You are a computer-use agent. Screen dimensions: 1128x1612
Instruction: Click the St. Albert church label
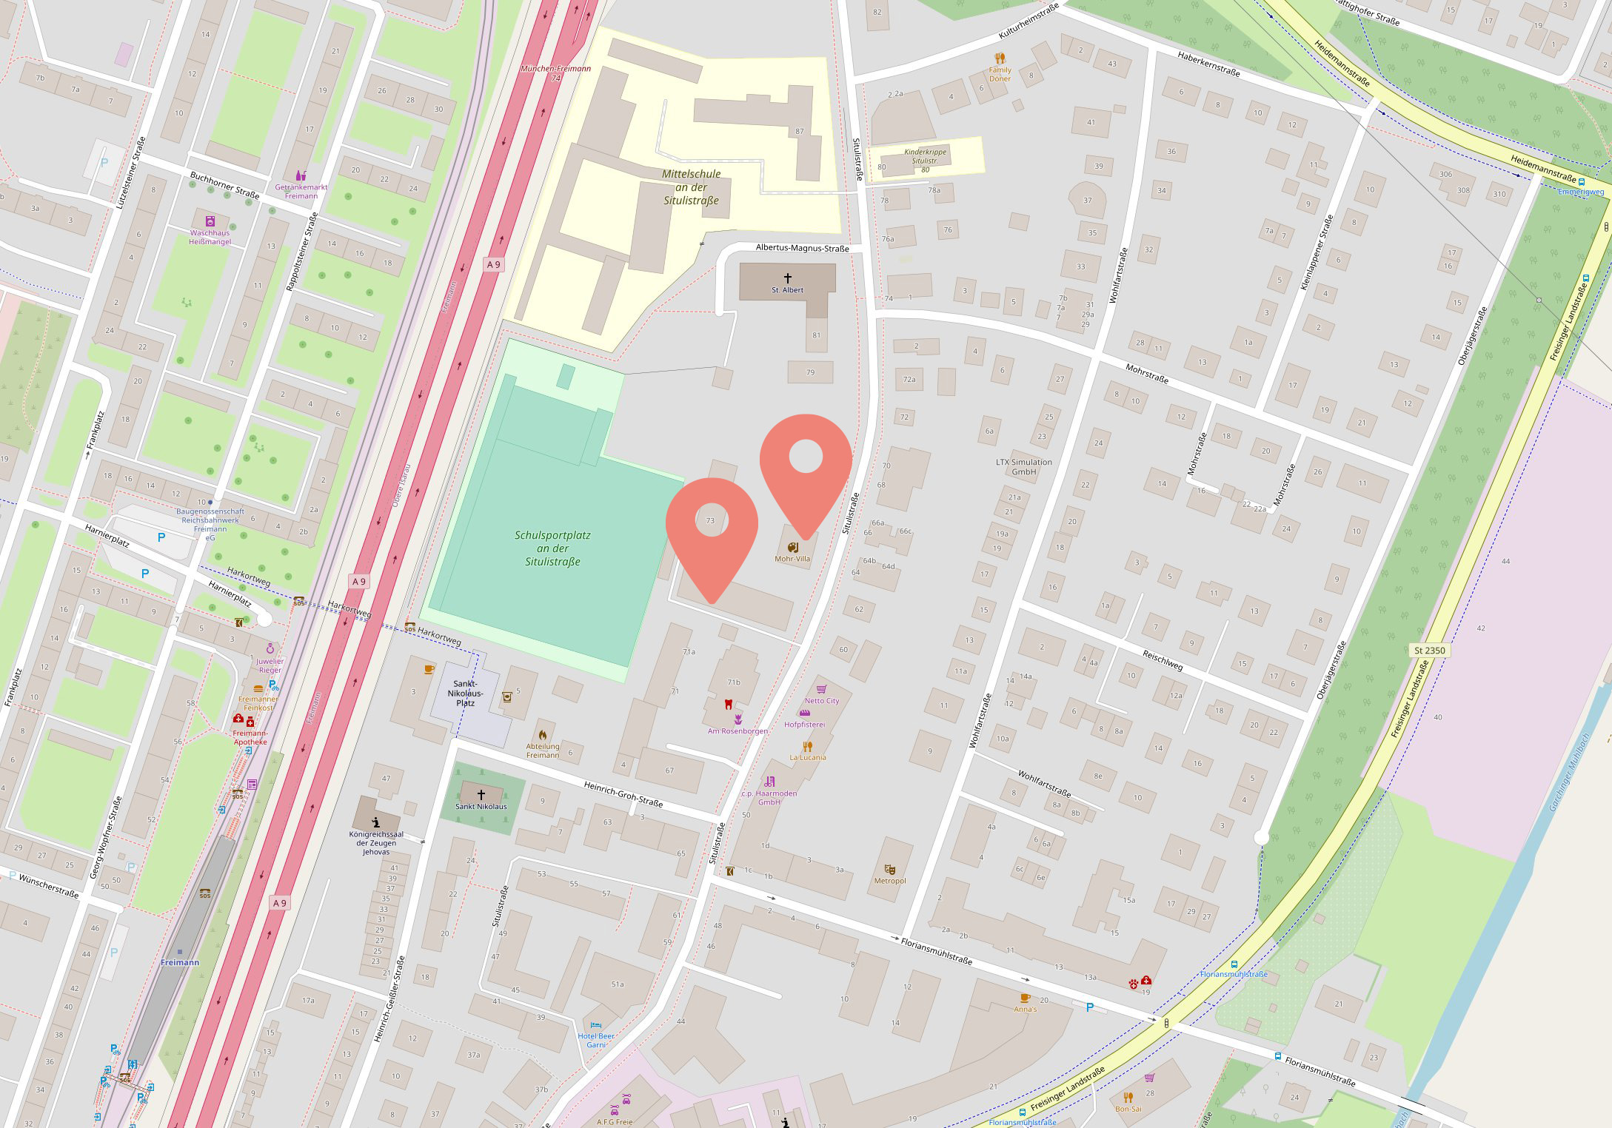click(x=787, y=290)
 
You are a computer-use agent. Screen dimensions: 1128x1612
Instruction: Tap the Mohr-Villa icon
click(x=793, y=548)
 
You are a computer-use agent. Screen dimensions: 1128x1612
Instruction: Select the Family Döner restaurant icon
click(x=1000, y=58)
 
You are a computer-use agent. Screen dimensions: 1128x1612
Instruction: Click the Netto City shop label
click(x=822, y=701)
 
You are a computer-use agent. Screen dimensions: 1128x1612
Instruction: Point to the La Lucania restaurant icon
click(x=808, y=746)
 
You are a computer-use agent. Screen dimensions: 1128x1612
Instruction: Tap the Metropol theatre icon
click(x=890, y=870)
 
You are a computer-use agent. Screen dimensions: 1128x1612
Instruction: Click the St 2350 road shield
click(x=1429, y=651)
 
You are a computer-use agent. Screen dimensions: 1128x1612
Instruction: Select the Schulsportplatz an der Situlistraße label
click(x=552, y=548)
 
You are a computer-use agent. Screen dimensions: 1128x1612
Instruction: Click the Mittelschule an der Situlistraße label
click(x=691, y=187)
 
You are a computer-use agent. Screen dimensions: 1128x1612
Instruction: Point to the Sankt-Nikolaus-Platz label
click(x=465, y=694)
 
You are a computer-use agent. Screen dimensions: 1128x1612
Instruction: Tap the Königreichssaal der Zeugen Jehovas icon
click(x=376, y=822)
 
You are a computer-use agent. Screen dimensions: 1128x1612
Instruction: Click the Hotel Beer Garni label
click(x=596, y=1041)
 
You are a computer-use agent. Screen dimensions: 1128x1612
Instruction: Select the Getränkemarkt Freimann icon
click(x=300, y=176)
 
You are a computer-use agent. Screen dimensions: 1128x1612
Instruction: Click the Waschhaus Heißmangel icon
click(x=210, y=221)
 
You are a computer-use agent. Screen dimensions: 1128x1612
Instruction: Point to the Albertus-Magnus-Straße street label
click(x=802, y=249)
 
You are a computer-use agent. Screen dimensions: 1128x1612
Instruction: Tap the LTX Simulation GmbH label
click(x=1024, y=467)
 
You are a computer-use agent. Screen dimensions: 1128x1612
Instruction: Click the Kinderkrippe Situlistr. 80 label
click(x=925, y=161)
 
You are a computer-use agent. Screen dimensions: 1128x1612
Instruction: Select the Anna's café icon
click(x=1026, y=998)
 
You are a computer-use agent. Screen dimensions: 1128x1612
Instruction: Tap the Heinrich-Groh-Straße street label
click(x=623, y=794)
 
